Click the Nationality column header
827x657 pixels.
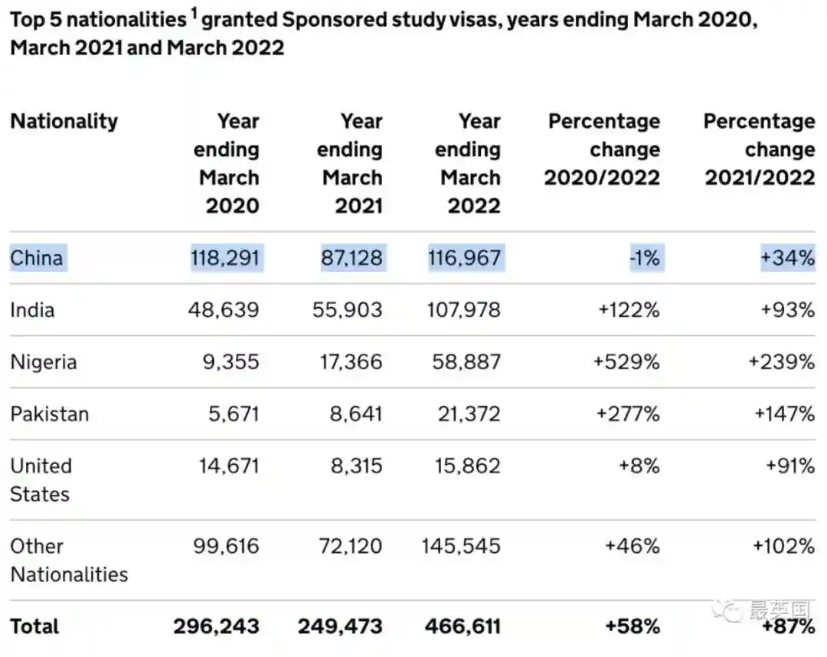tap(64, 122)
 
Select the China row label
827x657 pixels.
tap(37, 257)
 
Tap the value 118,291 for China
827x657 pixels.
tap(226, 257)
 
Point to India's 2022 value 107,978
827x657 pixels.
tap(464, 310)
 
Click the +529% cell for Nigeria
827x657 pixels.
tap(626, 361)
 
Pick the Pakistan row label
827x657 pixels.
tap(50, 414)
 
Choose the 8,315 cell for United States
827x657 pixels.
tap(356, 466)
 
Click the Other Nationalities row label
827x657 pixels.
tap(69, 560)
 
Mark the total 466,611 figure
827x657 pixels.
tap(463, 626)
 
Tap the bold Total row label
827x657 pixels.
tap(34, 626)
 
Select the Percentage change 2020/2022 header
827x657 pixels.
tap(603, 149)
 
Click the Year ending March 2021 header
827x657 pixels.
tap(351, 163)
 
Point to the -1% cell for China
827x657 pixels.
tap(644, 257)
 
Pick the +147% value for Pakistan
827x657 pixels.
tap(784, 414)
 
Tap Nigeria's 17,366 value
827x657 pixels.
tap(351, 361)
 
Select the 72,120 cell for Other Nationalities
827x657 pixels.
tap(351, 546)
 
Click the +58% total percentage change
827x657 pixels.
tap(632, 626)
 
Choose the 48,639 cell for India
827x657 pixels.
tap(224, 310)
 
